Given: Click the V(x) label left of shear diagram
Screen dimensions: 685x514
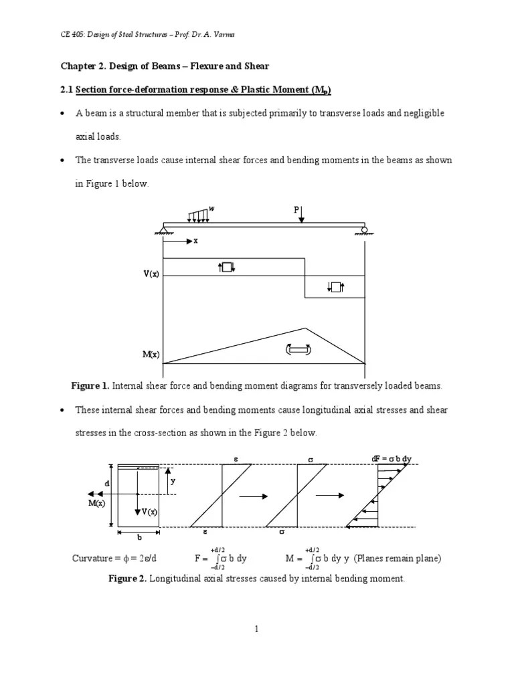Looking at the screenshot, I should [150, 275].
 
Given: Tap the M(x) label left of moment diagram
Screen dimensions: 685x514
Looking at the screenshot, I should [150, 355].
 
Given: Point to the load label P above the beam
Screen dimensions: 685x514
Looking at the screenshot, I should [296, 209].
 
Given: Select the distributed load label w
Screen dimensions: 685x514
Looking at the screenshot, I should [212, 209].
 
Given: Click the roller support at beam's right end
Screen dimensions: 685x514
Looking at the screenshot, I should [365, 231].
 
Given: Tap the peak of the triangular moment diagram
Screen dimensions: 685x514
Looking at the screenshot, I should [305, 328].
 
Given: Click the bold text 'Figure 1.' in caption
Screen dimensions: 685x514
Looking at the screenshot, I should [90, 386].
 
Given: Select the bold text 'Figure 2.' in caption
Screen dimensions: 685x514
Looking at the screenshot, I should [127, 579].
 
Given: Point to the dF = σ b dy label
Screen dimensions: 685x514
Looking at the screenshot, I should [392, 459].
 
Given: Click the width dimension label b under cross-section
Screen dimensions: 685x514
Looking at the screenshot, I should [139, 536].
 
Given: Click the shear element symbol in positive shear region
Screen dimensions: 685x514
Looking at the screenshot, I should [226, 268].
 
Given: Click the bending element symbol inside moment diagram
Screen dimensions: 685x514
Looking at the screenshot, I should [298, 349].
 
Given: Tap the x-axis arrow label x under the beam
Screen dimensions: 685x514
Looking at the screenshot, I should [195, 241].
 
